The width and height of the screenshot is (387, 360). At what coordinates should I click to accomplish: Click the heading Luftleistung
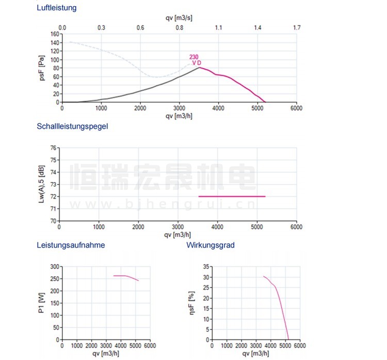pos(57,8)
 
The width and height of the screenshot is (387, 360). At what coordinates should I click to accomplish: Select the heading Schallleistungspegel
pos(72,126)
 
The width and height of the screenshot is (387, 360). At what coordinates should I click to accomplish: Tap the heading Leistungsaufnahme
pos(71,245)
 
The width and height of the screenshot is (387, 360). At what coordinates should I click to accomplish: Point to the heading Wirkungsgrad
pos(211,245)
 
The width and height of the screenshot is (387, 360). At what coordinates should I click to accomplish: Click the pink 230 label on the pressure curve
pos(193,57)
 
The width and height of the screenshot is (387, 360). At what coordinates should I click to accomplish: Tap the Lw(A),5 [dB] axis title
pos(42,184)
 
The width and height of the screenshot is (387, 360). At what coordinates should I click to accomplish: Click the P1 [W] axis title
pos(42,303)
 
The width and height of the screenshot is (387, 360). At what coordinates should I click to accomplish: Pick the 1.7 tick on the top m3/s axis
pos(296,27)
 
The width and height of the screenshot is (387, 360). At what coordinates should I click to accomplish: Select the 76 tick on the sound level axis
pos(53,148)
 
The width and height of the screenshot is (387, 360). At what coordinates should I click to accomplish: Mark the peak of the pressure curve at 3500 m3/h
pos(199,68)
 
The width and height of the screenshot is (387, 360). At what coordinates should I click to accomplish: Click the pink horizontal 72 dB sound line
pos(232,197)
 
